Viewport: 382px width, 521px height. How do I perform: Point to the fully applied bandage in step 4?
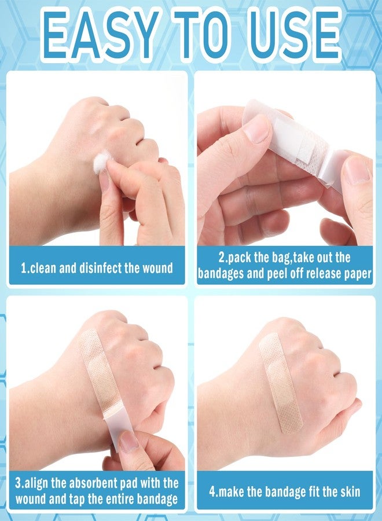coord(281,382)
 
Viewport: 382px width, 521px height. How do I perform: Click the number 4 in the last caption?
coord(212,492)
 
